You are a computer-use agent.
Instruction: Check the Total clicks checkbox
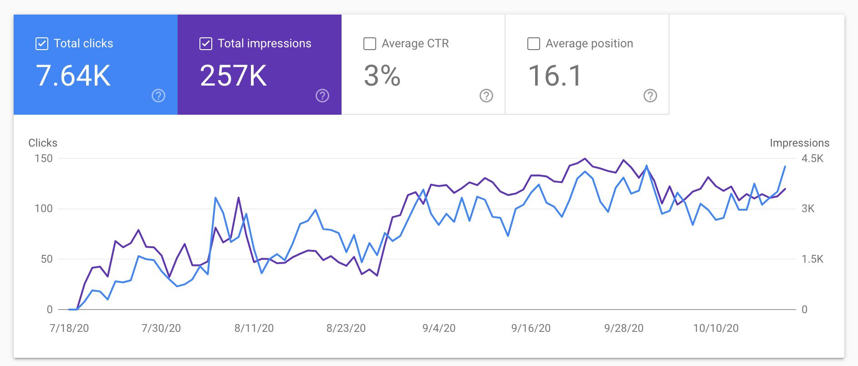click(41, 44)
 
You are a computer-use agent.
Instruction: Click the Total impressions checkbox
click(205, 44)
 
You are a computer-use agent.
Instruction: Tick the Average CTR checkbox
click(370, 44)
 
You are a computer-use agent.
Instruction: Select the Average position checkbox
click(533, 44)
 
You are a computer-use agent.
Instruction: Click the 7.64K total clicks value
click(73, 76)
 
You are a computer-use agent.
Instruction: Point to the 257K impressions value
click(233, 76)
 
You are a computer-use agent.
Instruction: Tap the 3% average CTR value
click(382, 76)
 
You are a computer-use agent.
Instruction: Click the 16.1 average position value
click(555, 76)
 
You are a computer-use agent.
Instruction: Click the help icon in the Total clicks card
click(158, 96)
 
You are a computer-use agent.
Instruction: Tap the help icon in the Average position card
click(650, 96)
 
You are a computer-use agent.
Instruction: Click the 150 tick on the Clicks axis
click(44, 158)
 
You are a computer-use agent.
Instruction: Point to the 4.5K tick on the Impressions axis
click(812, 158)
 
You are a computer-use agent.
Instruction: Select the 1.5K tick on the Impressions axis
click(812, 259)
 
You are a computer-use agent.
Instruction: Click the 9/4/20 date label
click(439, 328)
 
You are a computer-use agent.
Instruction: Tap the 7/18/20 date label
click(69, 328)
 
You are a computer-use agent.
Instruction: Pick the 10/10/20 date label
click(715, 328)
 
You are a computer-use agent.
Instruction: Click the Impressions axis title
click(799, 143)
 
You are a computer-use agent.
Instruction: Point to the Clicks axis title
click(43, 143)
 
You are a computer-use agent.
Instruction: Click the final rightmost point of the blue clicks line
click(785, 167)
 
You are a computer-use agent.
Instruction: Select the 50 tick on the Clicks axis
click(46, 259)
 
